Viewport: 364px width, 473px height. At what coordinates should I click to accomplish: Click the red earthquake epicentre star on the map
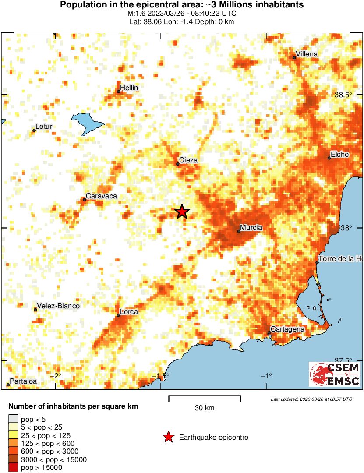[x=182, y=212]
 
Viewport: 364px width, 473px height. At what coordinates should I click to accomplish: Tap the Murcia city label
[x=251, y=228]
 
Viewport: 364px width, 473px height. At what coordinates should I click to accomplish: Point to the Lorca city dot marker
[x=118, y=315]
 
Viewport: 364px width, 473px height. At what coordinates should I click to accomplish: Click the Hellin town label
[x=129, y=88]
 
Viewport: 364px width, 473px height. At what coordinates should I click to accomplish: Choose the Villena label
[x=307, y=54]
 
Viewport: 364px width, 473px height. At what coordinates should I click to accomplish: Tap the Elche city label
[x=340, y=154]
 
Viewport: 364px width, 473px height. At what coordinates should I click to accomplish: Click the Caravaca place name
[x=101, y=196]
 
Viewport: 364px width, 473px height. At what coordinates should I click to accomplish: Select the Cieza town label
[x=188, y=160]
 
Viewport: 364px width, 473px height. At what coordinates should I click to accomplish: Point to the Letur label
[x=44, y=127]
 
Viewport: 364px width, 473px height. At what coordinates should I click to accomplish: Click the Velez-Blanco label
[x=59, y=306]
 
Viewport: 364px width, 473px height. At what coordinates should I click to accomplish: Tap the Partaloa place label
[x=24, y=381]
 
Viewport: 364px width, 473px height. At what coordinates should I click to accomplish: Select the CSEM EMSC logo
[x=335, y=374]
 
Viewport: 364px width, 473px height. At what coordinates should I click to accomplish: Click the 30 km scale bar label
[x=205, y=408]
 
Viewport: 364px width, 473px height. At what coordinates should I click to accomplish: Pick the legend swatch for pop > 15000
[x=14, y=467]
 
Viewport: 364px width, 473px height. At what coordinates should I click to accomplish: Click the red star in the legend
[x=168, y=437]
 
